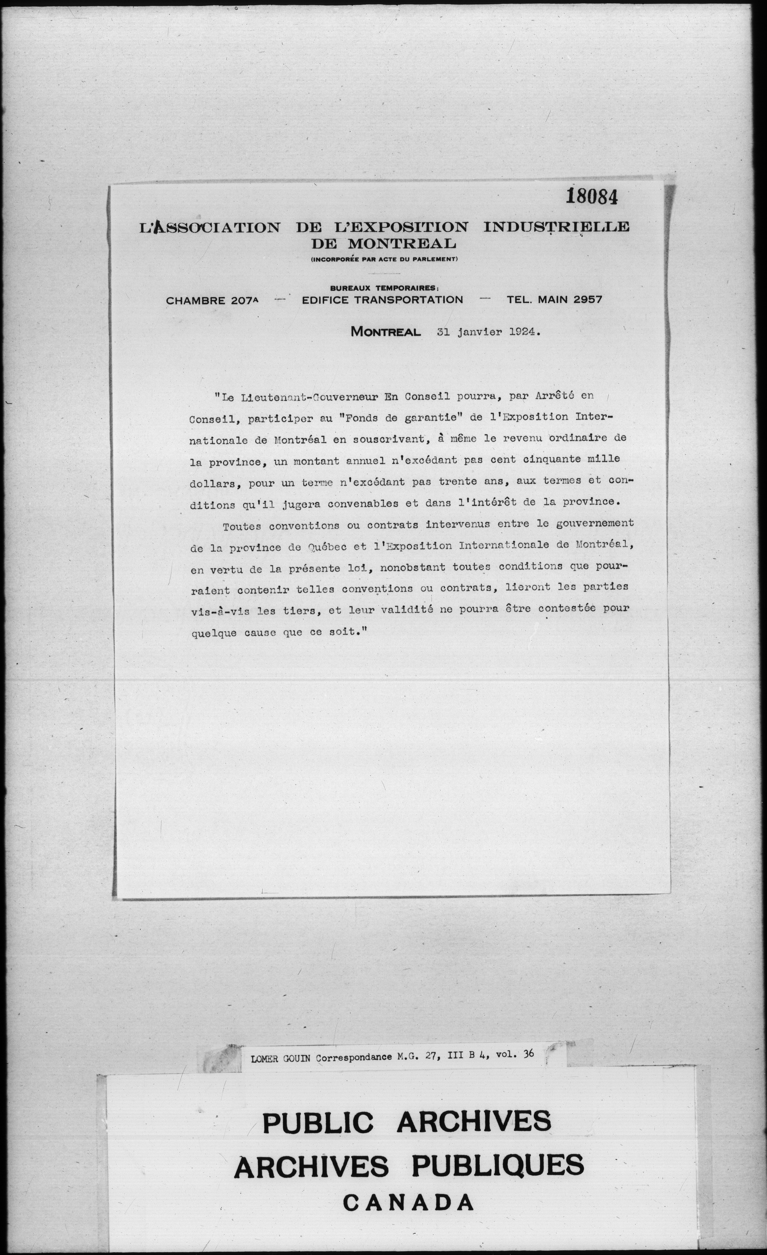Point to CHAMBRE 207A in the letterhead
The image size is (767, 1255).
pos(212,300)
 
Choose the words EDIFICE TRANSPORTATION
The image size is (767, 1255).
pos(382,300)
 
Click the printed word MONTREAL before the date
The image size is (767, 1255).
pos(385,332)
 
